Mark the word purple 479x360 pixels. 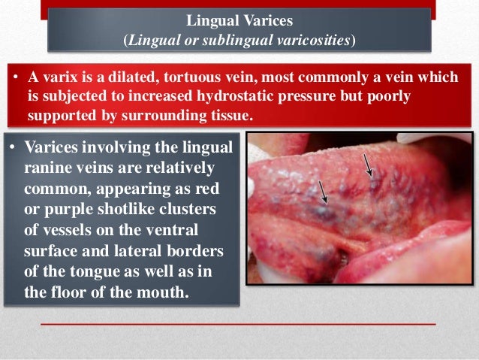(64, 207)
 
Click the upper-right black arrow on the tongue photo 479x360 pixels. (368, 164)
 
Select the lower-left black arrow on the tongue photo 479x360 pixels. (322, 191)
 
